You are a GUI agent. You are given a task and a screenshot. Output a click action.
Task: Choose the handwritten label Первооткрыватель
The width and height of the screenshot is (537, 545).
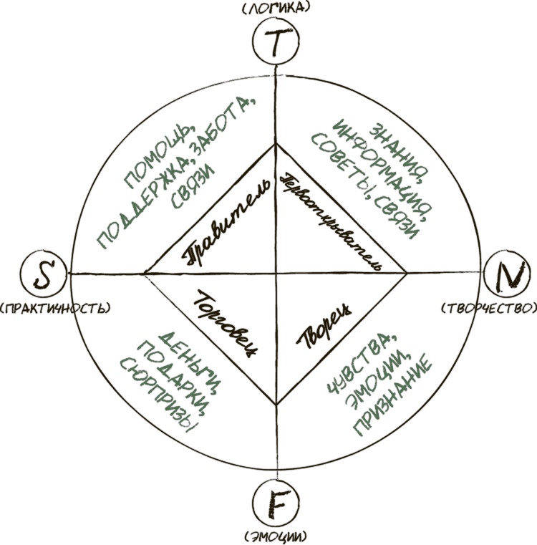330,218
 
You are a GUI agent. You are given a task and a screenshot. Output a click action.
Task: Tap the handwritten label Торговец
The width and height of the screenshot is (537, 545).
226,323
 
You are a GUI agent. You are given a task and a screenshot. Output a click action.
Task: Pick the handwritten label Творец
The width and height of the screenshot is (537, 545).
326,326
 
